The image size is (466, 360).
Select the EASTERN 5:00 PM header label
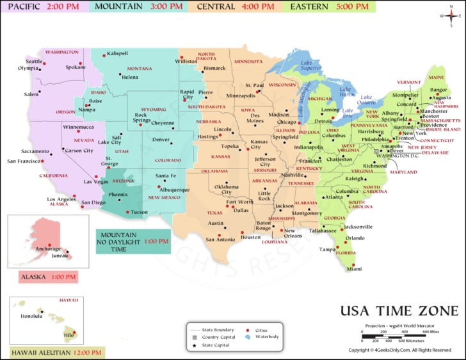[x=330, y=7]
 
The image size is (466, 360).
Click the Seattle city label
[x=34, y=61]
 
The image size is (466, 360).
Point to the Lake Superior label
[x=310, y=64]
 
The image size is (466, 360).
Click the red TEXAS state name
[x=214, y=213]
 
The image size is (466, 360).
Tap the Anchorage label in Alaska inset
[x=48, y=249]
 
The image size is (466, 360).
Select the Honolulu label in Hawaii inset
[x=31, y=316]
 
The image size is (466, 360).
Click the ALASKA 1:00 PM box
[x=48, y=277]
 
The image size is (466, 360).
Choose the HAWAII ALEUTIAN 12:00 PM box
[x=57, y=352]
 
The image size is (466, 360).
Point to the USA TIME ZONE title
[x=399, y=311]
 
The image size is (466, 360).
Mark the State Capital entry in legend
[x=216, y=346]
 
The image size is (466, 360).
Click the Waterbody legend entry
[x=266, y=338]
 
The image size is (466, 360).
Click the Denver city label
[x=161, y=139]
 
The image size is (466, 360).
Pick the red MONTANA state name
[x=139, y=69]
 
